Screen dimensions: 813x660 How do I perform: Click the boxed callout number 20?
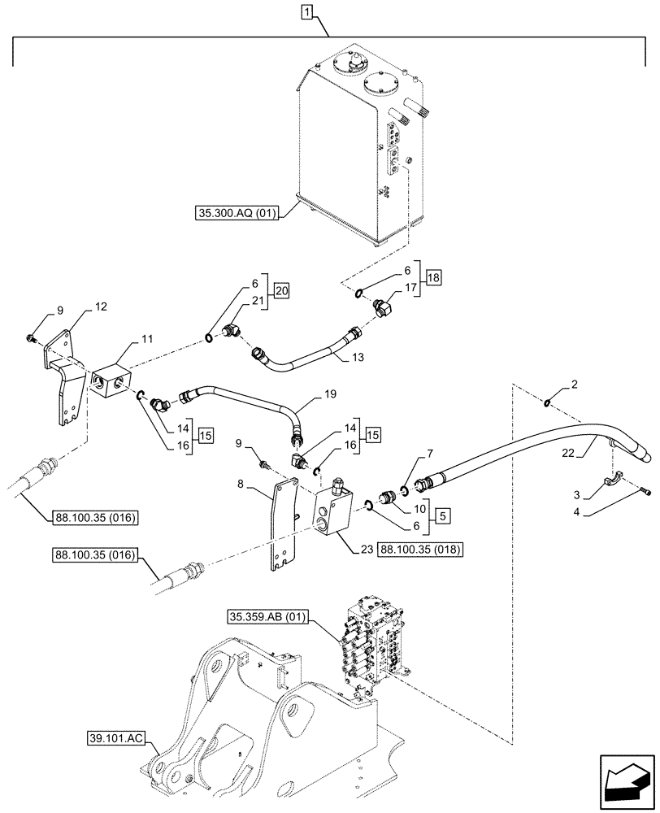[281, 291]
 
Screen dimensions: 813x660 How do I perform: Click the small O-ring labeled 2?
[549, 400]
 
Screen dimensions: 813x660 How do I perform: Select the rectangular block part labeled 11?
[110, 381]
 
